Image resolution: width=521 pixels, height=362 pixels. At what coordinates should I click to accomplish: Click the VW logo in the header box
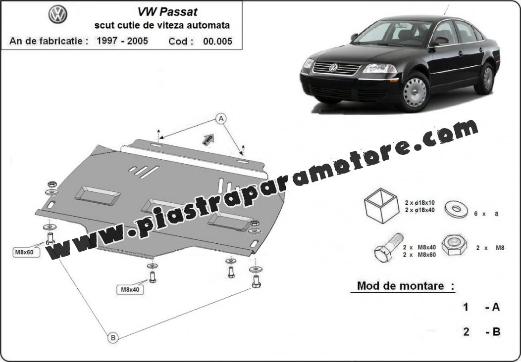58,14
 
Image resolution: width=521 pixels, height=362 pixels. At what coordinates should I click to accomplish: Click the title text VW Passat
167,12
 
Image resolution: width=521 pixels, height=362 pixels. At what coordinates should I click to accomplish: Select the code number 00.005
217,41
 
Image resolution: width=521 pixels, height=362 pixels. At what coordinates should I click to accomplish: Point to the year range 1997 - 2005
122,41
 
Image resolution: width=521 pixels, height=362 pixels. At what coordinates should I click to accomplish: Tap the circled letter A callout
221,119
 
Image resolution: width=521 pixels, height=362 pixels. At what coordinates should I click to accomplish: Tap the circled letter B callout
113,338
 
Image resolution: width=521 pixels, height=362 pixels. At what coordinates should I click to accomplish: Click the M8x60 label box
24,252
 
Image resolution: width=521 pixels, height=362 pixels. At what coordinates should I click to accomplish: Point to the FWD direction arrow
208,139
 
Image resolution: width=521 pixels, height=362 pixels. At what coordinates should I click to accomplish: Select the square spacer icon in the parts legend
381,205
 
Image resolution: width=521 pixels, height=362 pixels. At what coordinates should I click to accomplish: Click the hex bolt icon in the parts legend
389,248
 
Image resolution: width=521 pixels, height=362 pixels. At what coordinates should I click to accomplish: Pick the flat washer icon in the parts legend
456,209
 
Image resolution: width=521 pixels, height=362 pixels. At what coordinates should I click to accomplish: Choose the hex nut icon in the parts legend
454,245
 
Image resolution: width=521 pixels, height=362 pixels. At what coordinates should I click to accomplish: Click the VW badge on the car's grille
333,68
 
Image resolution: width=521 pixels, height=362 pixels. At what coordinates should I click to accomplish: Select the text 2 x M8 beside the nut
490,248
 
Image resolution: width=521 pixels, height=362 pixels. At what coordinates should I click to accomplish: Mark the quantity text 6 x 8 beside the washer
486,214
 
